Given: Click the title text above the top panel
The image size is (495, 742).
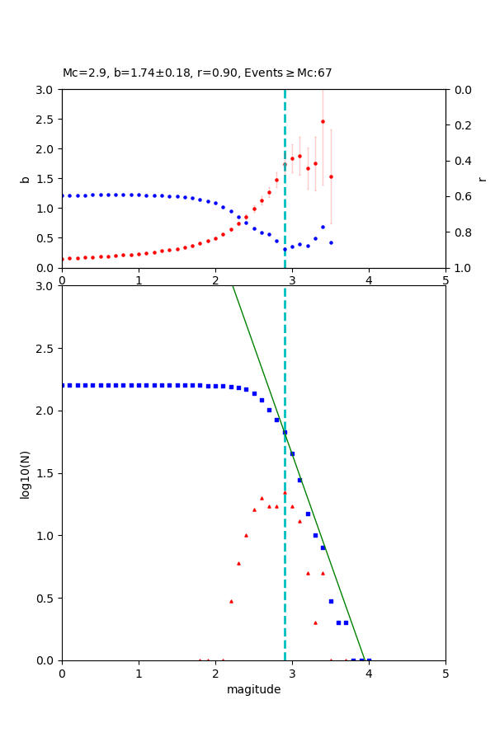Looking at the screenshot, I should [197, 73].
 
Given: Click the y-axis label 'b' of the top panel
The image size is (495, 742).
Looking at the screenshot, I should [25, 179].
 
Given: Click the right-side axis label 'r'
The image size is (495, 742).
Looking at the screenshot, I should [483, 179].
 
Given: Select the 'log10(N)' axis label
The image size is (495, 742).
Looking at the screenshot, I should [25, 473].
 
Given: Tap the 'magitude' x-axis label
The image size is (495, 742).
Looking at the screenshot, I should [253, 690].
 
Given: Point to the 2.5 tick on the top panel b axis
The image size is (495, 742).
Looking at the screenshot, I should [48, 120].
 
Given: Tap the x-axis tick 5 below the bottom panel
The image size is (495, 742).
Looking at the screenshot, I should [445, 674].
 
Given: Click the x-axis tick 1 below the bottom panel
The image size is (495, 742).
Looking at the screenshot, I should [139, 674].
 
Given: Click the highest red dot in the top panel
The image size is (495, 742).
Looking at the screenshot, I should [323, 121].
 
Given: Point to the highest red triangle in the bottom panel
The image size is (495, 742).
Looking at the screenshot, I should [285, 492].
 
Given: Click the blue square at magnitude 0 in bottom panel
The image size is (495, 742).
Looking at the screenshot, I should [63, 385].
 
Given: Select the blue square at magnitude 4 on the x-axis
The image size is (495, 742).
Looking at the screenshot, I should [369, 660].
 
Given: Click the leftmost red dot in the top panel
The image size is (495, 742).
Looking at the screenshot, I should [63, 259].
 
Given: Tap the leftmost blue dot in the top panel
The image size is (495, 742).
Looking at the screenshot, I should [63, 195].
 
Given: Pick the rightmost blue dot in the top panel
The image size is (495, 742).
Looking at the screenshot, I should [331, 242].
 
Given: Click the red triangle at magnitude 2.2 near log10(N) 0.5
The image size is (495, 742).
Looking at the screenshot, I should [231, 601].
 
